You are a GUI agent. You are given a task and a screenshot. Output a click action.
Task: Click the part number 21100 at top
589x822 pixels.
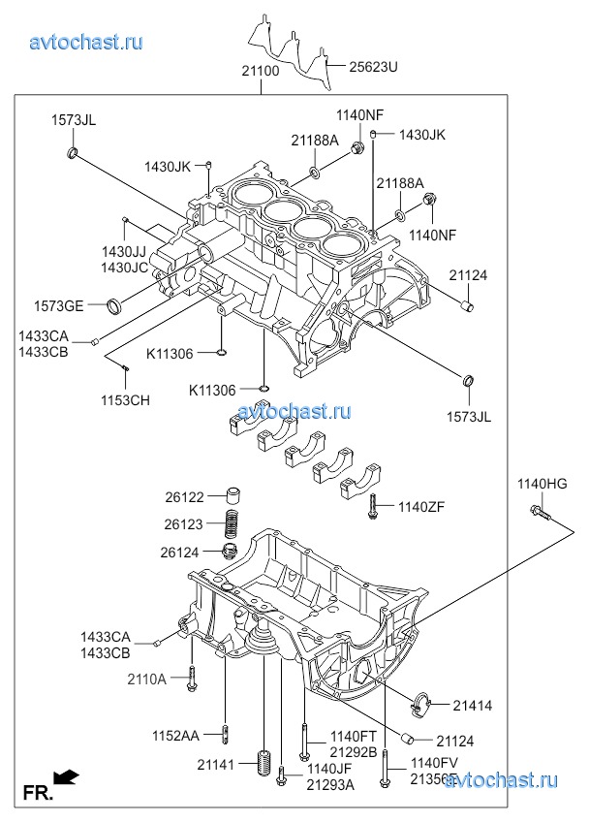261,72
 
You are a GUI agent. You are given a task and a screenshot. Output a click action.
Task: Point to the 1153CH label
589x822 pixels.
126,399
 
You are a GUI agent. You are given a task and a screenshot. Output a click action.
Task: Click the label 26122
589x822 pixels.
184,497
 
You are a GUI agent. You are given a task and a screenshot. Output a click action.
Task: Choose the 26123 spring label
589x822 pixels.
184,524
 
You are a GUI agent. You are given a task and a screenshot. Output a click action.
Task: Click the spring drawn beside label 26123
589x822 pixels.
232,523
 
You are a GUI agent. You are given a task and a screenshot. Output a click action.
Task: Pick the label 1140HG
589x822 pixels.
541,484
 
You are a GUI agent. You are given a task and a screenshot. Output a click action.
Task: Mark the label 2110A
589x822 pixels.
146,680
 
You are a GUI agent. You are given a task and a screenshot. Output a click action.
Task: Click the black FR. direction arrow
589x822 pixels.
66,776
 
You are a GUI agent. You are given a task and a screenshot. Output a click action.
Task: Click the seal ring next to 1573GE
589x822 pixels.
115,307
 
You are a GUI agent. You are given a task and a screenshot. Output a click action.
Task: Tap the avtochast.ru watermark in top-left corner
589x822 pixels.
87,42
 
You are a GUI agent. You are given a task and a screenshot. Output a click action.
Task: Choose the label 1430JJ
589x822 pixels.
124,252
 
